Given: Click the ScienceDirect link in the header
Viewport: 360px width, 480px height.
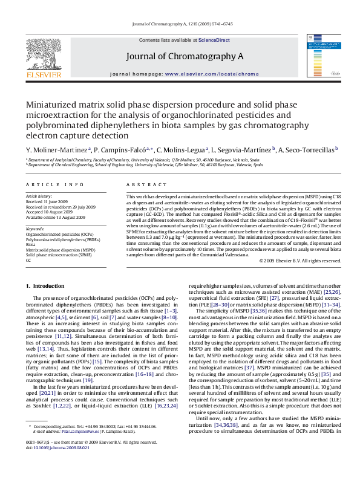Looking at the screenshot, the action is (x=215, y=39).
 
